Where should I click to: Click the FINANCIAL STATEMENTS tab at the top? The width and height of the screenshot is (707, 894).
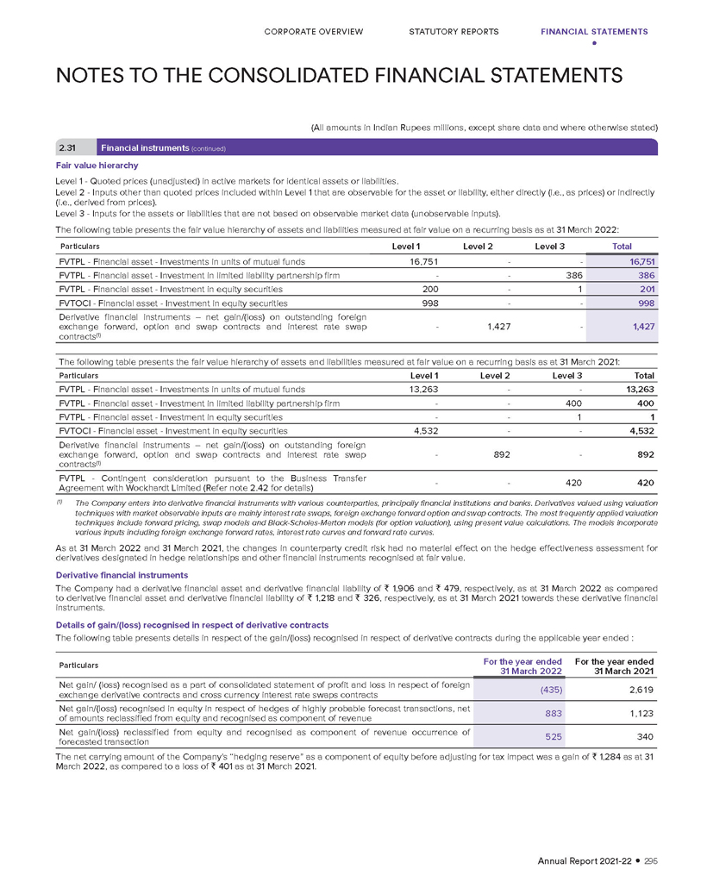[x=594, y=32]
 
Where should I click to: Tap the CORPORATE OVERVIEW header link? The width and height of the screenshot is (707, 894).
[x=314, y=32]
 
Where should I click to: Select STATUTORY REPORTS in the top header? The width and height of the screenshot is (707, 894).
[x=454, y=32]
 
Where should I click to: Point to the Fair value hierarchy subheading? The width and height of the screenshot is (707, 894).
[x=91, y=165]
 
